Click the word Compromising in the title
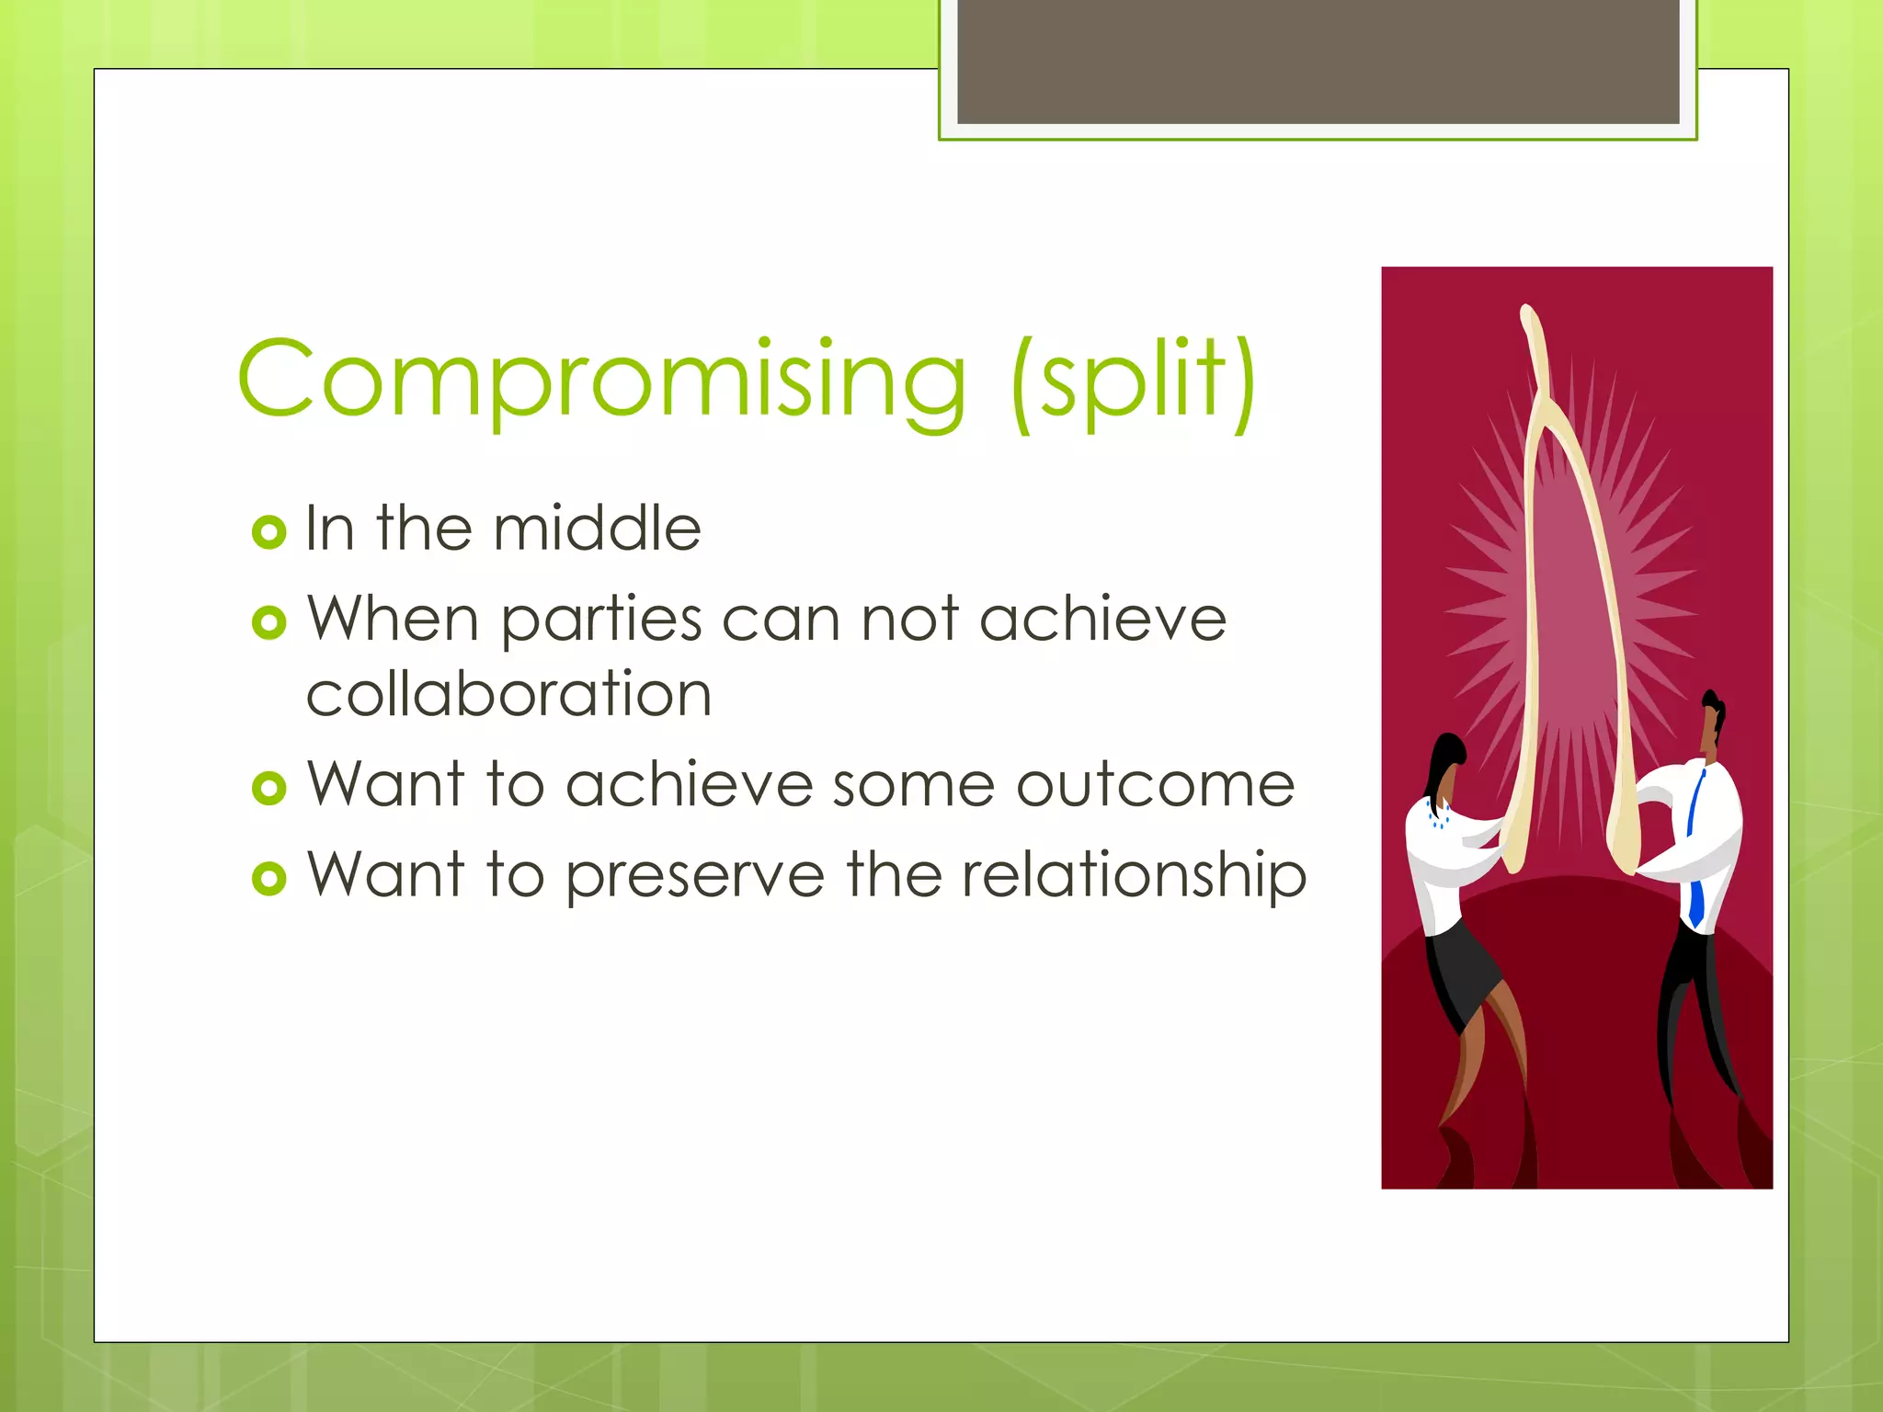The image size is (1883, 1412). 602,380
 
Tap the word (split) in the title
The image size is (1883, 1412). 1133,381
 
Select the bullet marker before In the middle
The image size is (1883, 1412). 268,531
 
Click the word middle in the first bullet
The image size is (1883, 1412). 597,529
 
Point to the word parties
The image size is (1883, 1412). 602,621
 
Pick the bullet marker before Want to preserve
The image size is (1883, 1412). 268,879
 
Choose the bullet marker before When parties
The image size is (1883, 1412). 268,622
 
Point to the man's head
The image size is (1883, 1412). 1712,723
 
